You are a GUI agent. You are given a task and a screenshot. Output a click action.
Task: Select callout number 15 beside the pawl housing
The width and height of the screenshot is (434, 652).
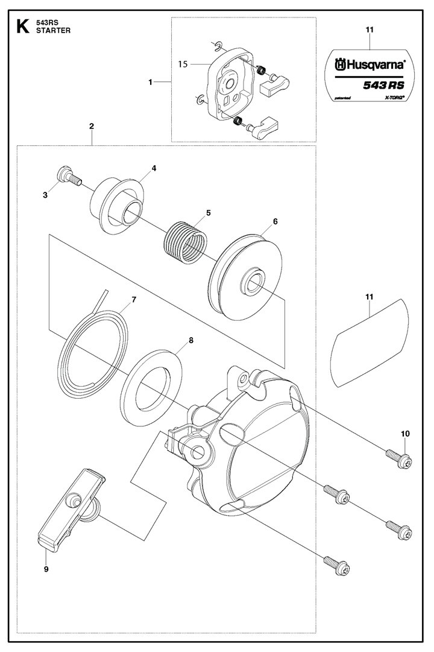[x=183, y=64]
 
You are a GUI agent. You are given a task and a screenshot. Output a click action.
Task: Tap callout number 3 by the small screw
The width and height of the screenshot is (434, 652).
[x=45, y=195]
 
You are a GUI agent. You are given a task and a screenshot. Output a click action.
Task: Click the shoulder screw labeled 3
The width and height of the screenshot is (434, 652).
[x=69, y=176]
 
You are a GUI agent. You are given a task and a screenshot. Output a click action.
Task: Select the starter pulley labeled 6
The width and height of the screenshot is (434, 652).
[x=245, y=277]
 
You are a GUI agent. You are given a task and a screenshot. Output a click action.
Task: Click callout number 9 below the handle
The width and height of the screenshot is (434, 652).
[x=46, y=569]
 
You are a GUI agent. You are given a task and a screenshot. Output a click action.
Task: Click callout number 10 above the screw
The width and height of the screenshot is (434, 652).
[x=405, y=434]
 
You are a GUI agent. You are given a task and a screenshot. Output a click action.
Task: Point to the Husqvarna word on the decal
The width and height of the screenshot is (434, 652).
[x=370, y=65]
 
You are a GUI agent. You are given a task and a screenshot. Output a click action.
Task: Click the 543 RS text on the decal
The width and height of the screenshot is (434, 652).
[x=383, y=85]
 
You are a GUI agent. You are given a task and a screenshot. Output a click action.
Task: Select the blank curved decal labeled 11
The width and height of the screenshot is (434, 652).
[x=370, y=343]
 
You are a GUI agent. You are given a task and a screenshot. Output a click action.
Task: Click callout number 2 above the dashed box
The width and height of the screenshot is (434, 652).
[x=92, y=126]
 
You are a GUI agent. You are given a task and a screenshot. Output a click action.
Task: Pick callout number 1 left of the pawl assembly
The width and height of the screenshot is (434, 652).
[x=151, y=83]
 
